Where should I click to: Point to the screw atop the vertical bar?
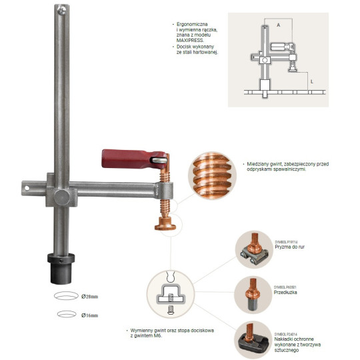click(x=61, y=9)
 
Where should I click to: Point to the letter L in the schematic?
click(x=311, y=80)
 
